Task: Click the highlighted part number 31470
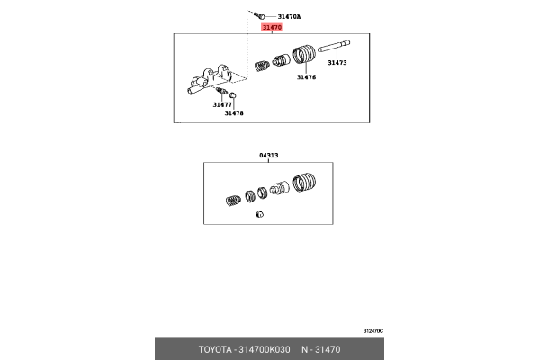pyautogui.click(x=272, y=28)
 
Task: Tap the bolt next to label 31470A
pyautogui.click(x=258, y=14)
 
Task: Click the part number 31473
pyautogui.click(x=337, y=63)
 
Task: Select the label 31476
pyautogui.click(x=306, y=77)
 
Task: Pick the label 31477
pyautogui.click(x=222, y=104)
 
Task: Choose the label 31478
pyautogui.click(x=234, y=113)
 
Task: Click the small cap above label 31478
pyautogui.click(x=233, y=95)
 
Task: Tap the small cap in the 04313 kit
pyautogui.click(x=258, y=214)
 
